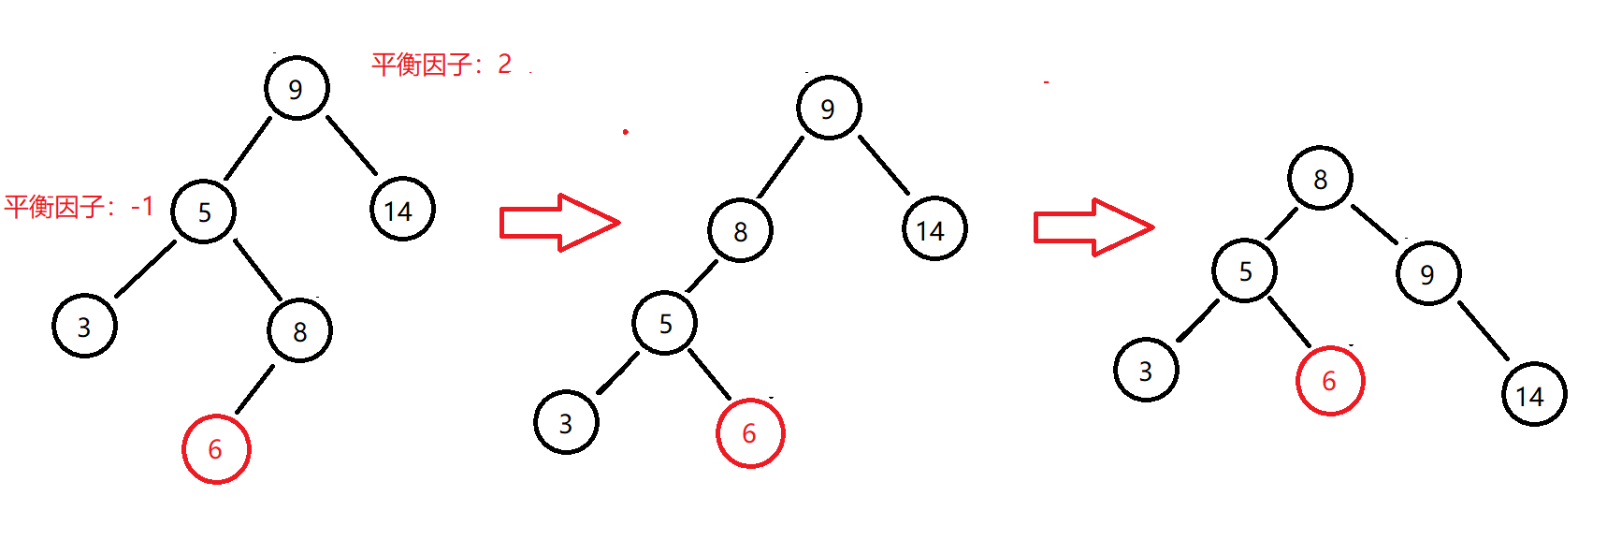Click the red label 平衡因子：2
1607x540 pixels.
tap(442, 64)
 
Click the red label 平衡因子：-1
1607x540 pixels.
tap(79, 207)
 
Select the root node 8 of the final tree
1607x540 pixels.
tap(1320, 179)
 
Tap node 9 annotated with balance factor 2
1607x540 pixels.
tap(297, 88)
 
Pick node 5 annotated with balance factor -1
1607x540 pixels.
tap(204, 212)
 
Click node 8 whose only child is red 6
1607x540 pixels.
tap(299, 331)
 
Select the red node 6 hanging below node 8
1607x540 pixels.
tap(216, 449)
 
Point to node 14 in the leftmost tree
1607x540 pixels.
tap(402, 211)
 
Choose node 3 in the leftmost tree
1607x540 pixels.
tap(84, 326)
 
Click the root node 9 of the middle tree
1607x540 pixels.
tap(828, 109)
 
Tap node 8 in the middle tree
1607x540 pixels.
tap(740, 230)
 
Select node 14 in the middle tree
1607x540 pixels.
tap(934, 229)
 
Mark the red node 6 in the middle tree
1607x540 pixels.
tap(749, 433)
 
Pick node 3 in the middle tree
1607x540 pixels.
tap(566, 423)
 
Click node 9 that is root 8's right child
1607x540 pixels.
tap(1427, 273)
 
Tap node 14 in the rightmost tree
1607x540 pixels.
tap(1533, 395)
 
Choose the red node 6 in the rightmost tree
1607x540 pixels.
tap(1329, 381)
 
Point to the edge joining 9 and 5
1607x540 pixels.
tap(248, 148)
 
